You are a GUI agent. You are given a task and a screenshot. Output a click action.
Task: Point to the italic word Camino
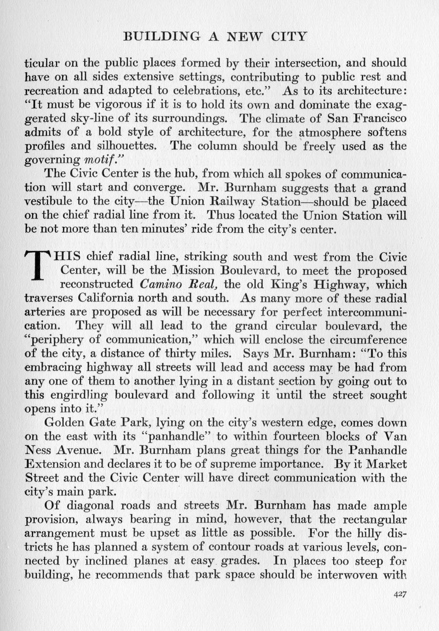(x=160, y=284)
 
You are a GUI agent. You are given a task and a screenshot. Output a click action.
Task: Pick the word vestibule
(x=47, y=202)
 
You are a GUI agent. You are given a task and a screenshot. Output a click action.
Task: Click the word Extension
(x=52, y=464)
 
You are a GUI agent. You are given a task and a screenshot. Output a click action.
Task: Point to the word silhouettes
(x=129, y=146)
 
